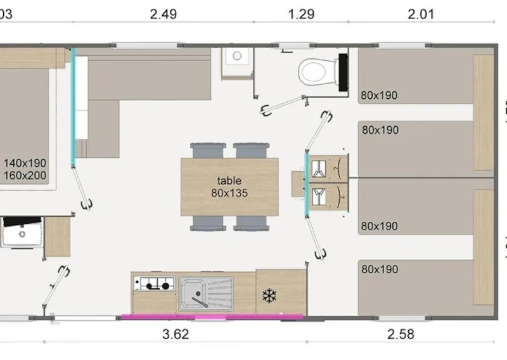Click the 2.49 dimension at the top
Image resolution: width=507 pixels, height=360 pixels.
pos(164,14)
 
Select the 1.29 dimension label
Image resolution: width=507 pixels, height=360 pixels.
pos(301,14)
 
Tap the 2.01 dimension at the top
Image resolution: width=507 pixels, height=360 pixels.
pos(421,14)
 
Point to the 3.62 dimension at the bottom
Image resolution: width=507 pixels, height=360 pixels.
pos(176,333)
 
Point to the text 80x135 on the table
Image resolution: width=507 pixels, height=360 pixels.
pos(229,193)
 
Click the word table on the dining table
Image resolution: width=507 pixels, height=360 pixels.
pos(229,181)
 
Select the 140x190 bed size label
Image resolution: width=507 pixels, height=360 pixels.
pos(25,162)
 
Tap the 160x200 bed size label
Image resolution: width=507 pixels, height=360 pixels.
pos(25,175)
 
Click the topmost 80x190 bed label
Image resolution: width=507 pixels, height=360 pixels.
pos(379,96)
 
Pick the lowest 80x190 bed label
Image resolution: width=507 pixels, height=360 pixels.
pos(379,269)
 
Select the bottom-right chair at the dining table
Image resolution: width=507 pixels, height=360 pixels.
pos(251,223)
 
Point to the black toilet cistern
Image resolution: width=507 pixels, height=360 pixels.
pos(343,71)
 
